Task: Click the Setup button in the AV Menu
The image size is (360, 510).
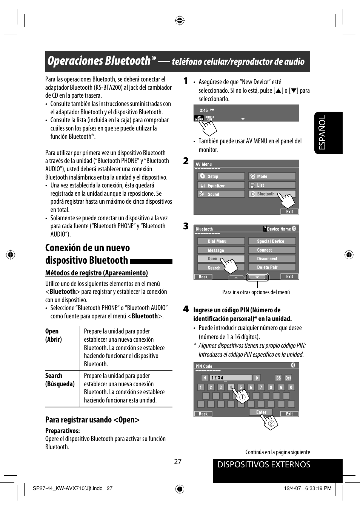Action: click(221, 177)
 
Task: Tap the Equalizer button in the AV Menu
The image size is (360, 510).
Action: click(221, 186)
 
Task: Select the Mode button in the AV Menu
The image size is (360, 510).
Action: click(272, 177)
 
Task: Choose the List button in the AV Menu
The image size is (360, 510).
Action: click(272, 185)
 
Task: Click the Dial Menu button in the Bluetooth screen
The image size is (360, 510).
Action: click(221, 241)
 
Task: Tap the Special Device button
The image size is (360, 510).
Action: click(272, 241)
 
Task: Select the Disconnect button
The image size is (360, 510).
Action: click(272, 259)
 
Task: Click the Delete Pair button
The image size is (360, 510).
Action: click(272, 267)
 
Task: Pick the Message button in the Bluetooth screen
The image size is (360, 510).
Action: click(221, 250)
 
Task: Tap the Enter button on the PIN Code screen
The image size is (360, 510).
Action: click(261, 412)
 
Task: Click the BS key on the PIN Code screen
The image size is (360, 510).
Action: click(278, 378)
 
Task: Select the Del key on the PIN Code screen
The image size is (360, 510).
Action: click(288, 378)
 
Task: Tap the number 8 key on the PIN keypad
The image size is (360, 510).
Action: click(271, 387)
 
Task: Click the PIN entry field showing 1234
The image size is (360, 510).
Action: click(231, 378)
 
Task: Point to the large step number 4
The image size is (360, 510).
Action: click(186, 309)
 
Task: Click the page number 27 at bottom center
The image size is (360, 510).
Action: click(178, 462)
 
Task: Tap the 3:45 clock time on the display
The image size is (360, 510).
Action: click(204, 111)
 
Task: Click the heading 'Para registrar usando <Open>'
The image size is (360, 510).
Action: click(92, 420)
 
